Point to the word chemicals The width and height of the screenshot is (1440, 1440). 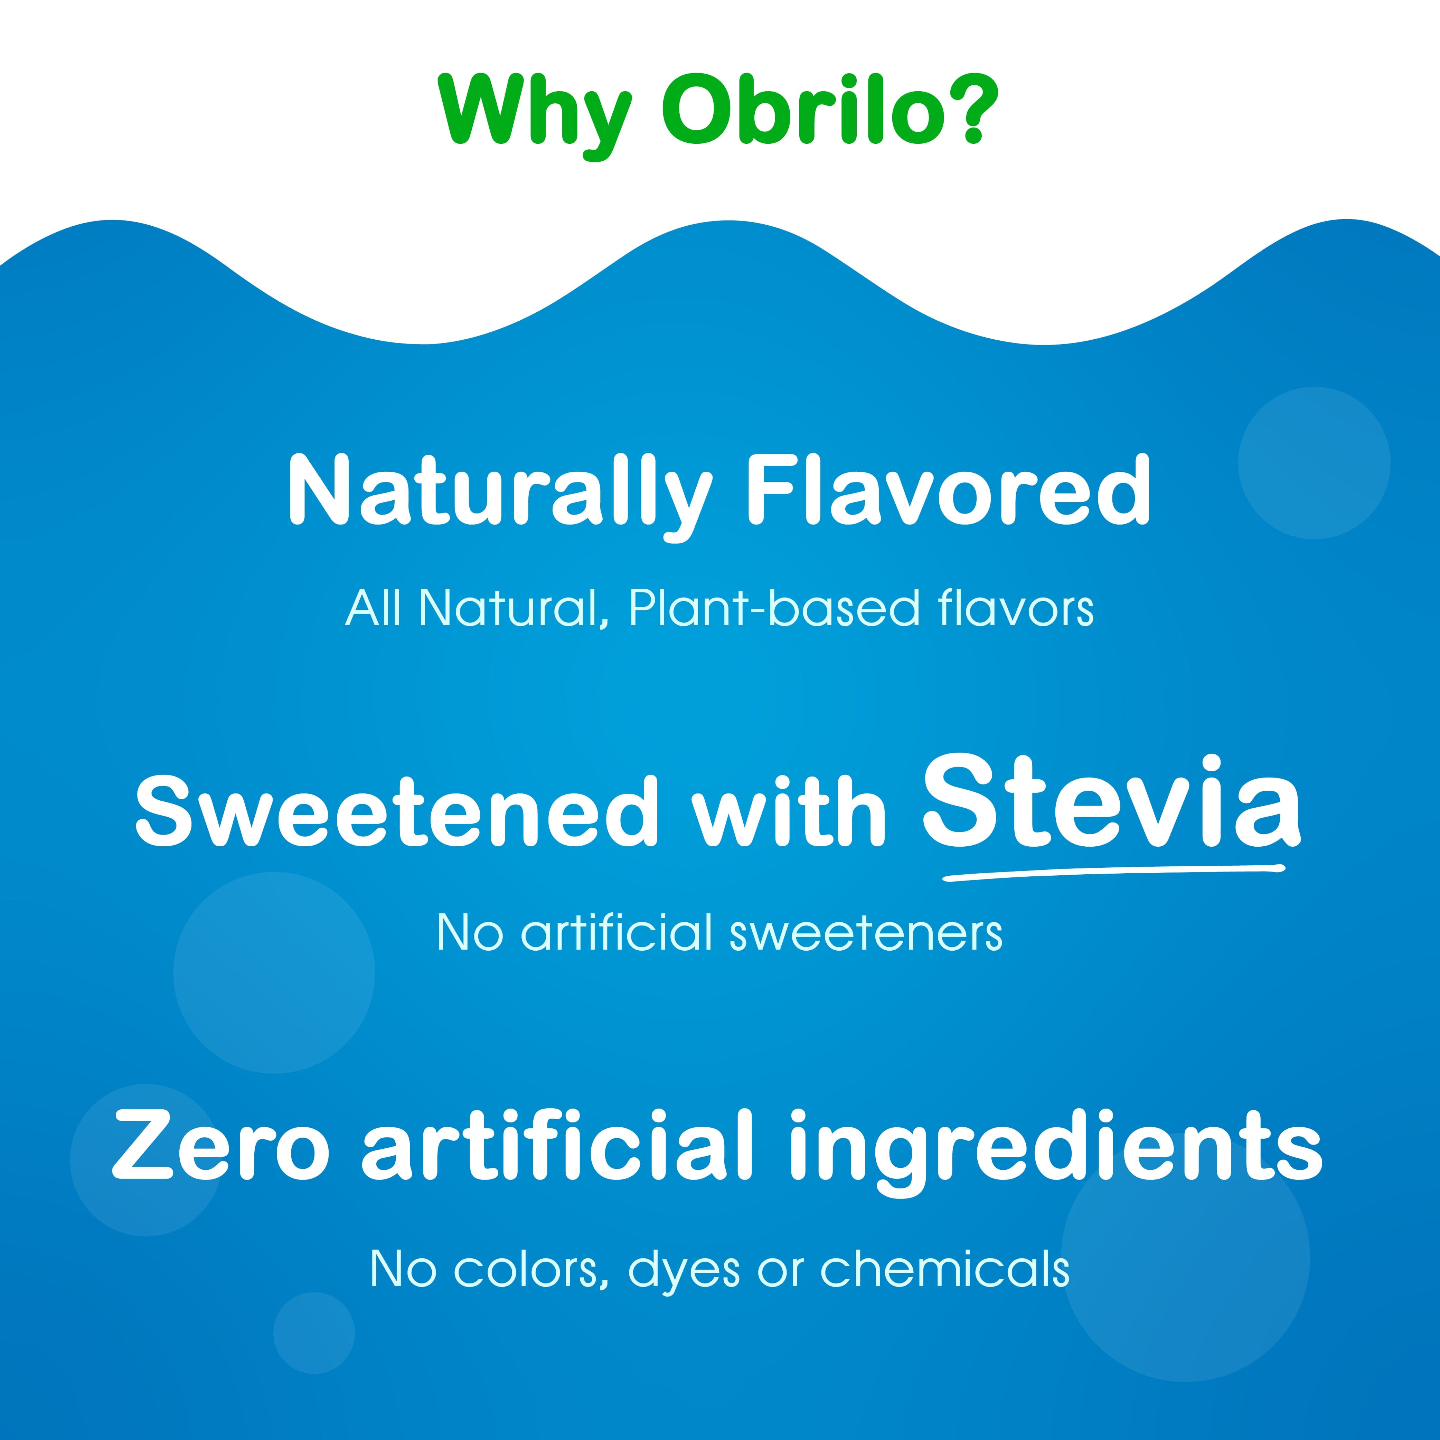945,1269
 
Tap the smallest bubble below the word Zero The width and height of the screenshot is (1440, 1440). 314,1333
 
